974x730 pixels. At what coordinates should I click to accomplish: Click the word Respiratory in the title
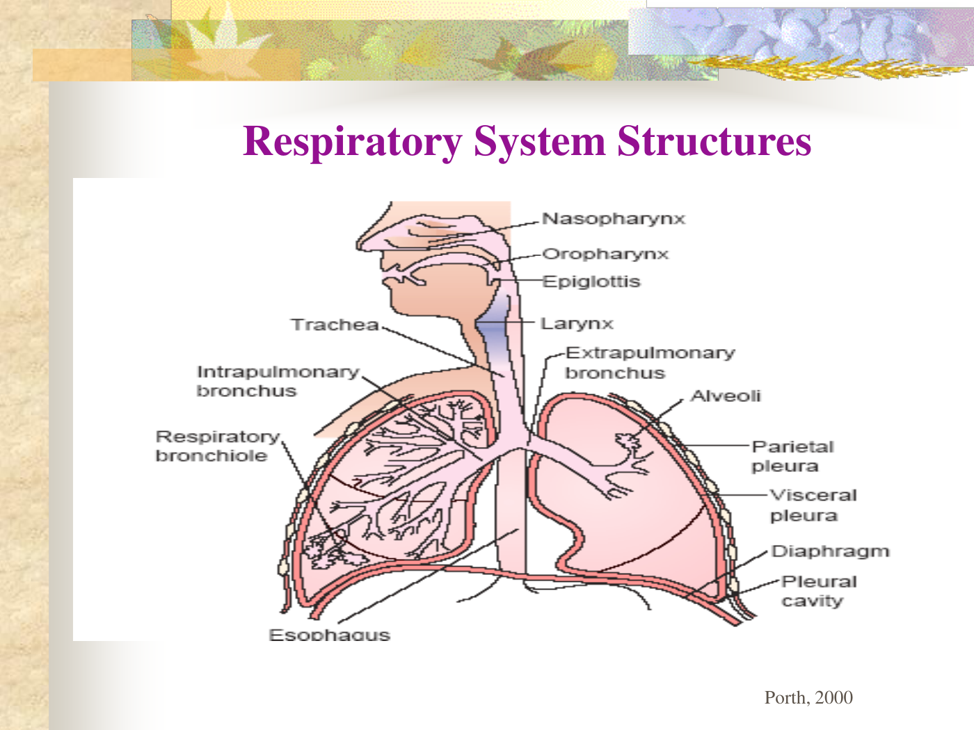point(352,141)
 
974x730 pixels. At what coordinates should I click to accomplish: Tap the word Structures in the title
point(714,141)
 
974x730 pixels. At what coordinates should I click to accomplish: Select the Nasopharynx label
point(614,219)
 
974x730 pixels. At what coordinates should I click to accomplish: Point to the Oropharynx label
point(605,254)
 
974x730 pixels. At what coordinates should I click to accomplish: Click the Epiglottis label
point(591,282)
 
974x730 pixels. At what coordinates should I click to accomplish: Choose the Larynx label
point(577,324)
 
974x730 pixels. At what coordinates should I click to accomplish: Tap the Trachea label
point(335,325)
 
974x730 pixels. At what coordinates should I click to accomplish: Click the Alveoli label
point(726,396)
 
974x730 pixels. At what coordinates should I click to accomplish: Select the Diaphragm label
point(830,551)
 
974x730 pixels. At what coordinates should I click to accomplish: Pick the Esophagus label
point(329,634)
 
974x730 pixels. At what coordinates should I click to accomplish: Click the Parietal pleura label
point(792,456)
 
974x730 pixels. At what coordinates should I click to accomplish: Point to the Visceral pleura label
point(813,505)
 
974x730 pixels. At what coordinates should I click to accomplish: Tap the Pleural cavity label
point(818,591)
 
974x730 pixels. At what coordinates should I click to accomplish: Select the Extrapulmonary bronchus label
point(650,362)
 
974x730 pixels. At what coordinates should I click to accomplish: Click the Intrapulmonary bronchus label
point(277,381)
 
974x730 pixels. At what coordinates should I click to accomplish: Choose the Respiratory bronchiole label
point(217,446)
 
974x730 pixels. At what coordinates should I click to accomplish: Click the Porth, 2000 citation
point(808,697)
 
